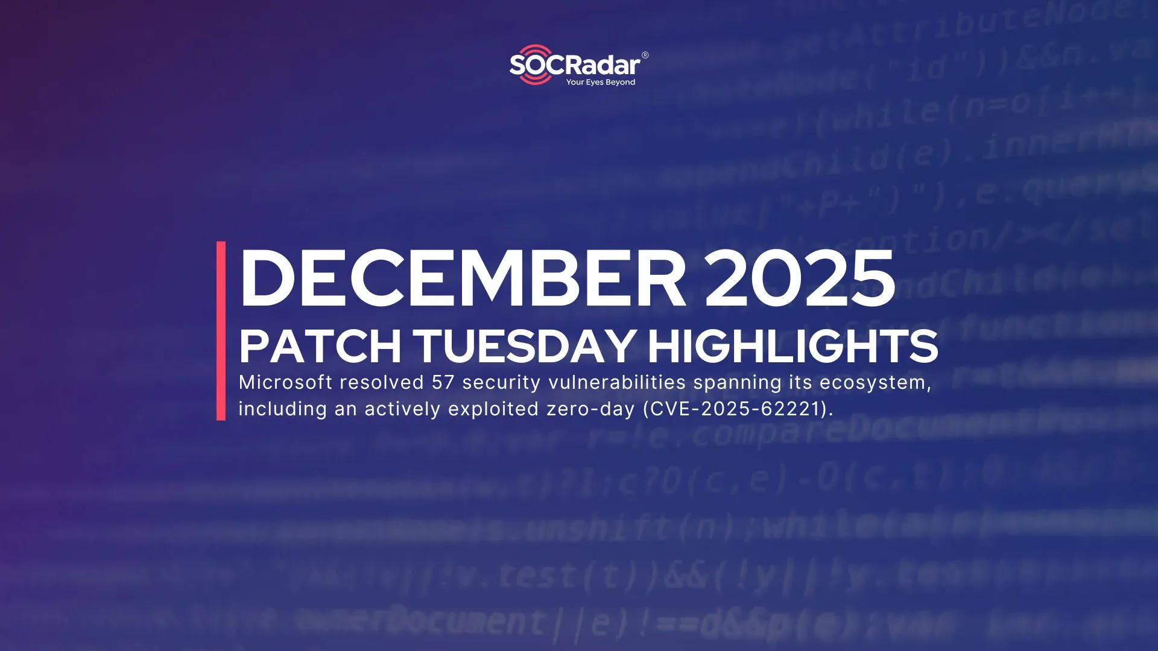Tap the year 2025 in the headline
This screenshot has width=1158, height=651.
click(x=800, y=278)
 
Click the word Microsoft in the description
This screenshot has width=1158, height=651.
click(x=285, y=383)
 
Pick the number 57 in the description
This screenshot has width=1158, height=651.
click(x=443, y=383)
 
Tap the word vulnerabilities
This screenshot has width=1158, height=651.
click(x=617, y=383)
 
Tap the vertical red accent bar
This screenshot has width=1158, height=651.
click(x=221, y=331)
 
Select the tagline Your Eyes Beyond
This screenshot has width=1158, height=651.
click(x=600, y=83)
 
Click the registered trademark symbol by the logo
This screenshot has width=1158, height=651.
click(x=645, y=55)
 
